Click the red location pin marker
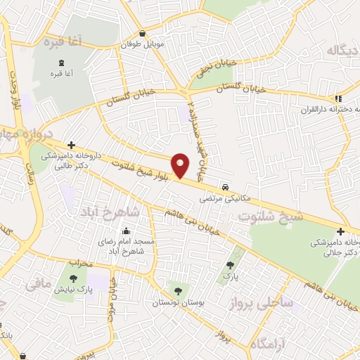(181, 165)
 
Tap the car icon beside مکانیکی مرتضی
(224, 187)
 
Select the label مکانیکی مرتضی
(219, 198)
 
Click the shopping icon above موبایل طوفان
(143, 34)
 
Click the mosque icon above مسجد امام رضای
(126, 231)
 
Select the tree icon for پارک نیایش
(73, 279)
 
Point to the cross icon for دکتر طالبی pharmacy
(71, 144)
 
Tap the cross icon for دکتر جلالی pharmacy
(340, 231)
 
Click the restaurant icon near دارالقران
(339, 98)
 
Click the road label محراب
(82, 263)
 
